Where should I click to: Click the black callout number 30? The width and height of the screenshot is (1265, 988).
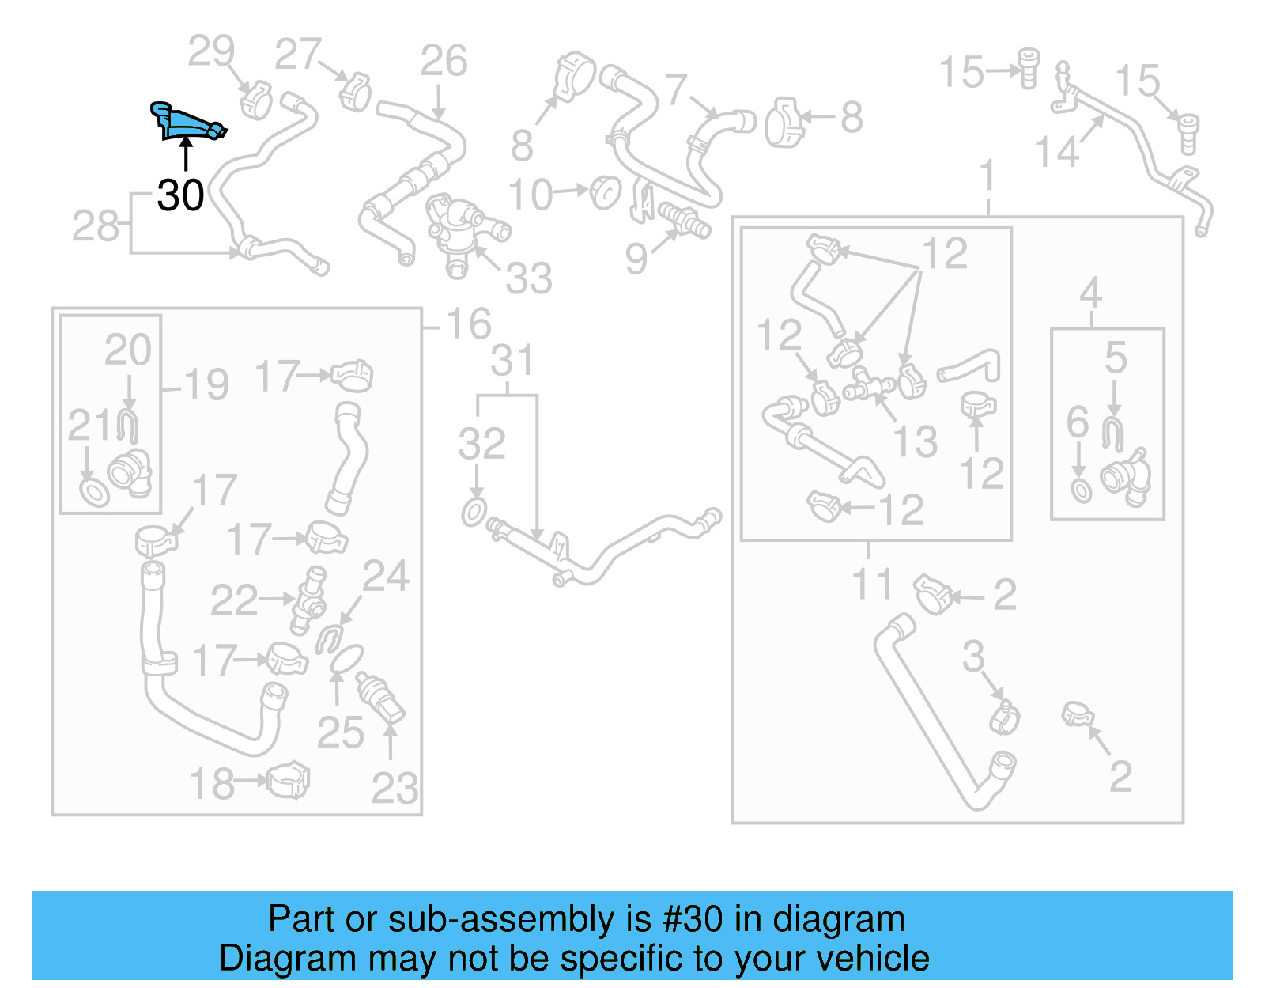[x=180, y=195]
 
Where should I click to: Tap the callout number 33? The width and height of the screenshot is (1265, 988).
[x=528, y=278]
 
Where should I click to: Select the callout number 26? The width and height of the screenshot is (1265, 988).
[x=444, y=61]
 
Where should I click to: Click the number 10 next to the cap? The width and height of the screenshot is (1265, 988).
[x=529, y=195]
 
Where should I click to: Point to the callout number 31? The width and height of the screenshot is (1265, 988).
[x=512, y=361]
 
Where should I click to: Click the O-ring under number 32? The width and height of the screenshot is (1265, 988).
[x=474, y=512]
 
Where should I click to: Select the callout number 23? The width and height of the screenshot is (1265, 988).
[x=395, y=788]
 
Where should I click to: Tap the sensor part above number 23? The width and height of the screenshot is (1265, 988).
[x=380, y=697]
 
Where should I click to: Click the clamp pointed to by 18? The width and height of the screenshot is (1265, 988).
[x=288, y=781]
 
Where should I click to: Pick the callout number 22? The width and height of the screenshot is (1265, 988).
[x=234, y=600]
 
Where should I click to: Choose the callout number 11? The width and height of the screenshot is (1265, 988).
[x=871, y=585]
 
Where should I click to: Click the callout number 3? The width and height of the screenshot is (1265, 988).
[x=973, y=657]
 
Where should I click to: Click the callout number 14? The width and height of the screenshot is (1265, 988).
[x=1057, y=152]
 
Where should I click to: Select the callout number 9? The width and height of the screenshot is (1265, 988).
[x=636, y=259]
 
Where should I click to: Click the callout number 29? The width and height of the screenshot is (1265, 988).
[x=211, y=51]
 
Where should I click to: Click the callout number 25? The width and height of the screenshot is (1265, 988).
[x=340, y=732]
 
